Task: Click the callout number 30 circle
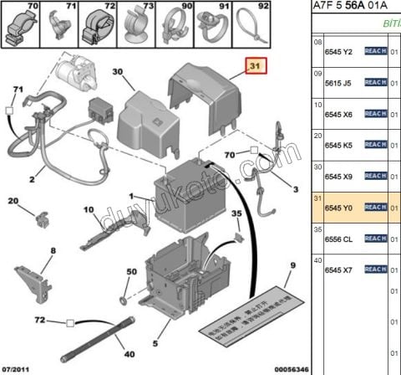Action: click(x=117, y=73)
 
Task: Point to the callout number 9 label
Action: click(x=292, y=267)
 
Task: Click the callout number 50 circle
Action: click(x=130, y=273)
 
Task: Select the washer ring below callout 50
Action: click(x=124, y=300)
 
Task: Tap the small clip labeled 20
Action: click(x=40, y=219)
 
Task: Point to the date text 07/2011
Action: click(x=17, y=368)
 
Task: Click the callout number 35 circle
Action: click(x=236, y=213)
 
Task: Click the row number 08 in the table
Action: click(x=317, y=42)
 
